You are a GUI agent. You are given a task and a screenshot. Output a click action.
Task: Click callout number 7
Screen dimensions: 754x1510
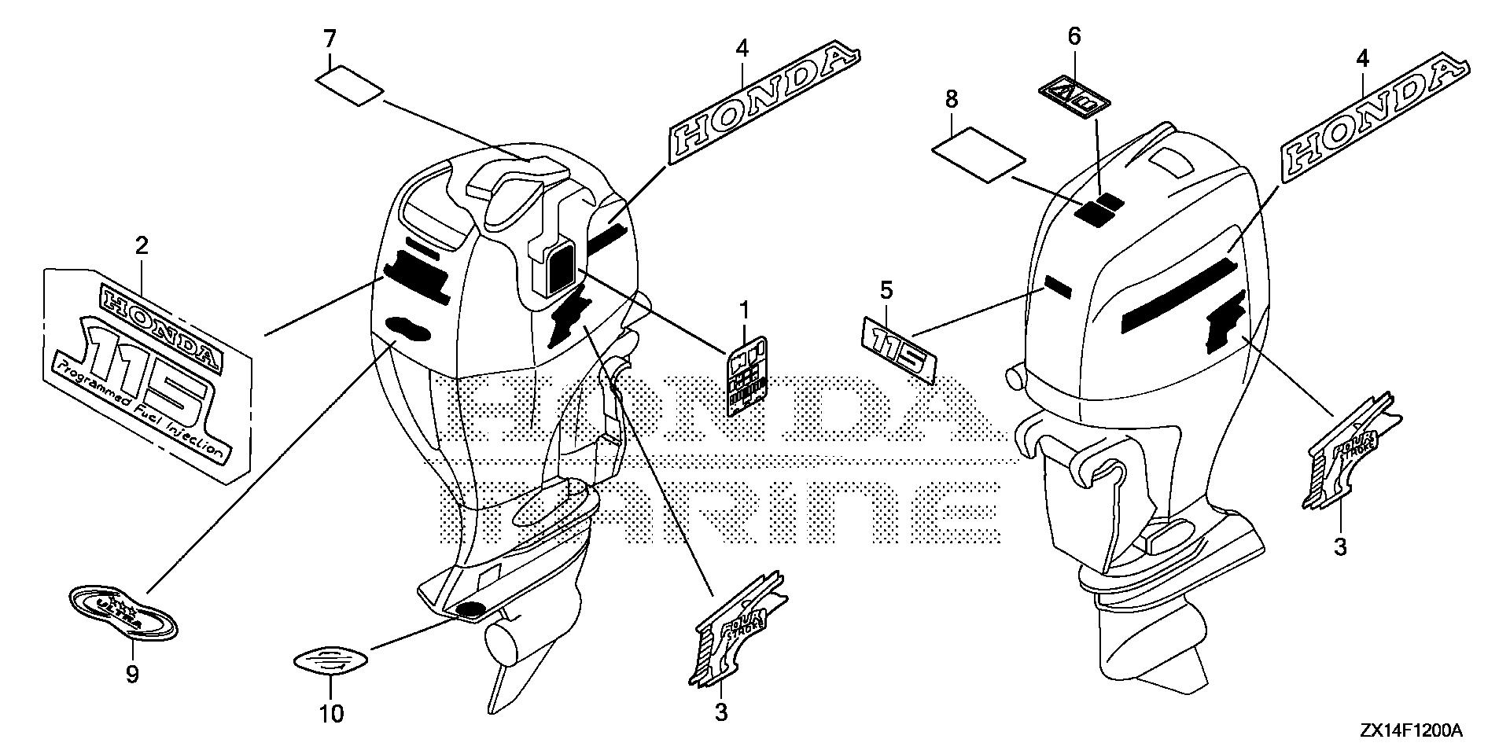330,38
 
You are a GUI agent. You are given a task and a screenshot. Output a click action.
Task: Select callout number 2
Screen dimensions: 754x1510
141,246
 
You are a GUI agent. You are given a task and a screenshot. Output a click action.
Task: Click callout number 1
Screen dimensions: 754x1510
743,310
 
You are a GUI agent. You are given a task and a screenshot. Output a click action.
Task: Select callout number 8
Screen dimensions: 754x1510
952,99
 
